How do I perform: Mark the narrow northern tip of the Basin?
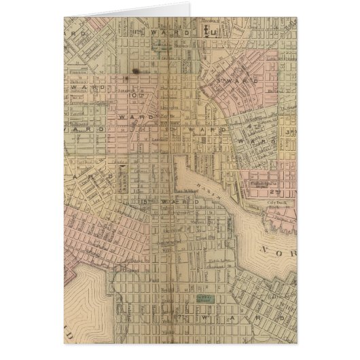tap(178, 160)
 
